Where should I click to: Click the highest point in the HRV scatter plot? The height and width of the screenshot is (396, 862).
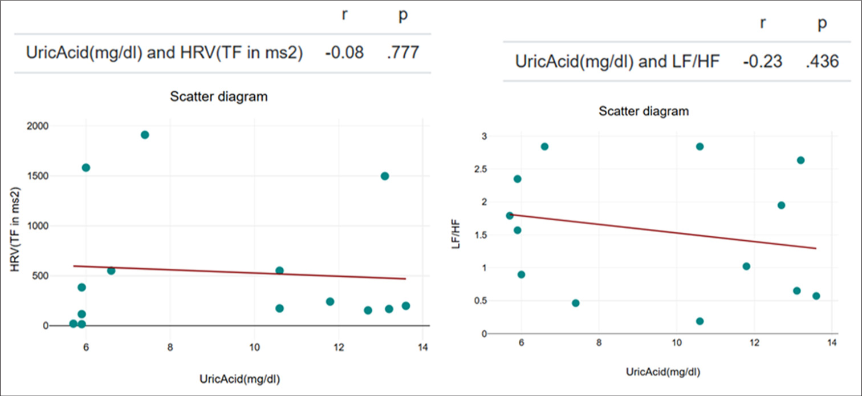145,135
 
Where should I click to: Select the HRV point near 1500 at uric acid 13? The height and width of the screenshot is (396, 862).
385,176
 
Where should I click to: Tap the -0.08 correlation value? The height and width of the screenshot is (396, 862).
343,53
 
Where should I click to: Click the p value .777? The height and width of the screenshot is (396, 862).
402,53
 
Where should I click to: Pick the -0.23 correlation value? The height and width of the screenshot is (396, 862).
762,62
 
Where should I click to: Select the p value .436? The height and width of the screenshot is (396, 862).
822,62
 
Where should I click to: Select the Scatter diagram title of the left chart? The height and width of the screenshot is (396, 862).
219,96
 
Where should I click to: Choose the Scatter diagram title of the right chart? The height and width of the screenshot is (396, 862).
644,111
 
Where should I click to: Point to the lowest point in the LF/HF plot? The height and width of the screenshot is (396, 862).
700,321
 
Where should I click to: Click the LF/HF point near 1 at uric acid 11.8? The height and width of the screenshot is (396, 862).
746,266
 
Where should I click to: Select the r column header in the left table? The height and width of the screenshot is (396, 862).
343,15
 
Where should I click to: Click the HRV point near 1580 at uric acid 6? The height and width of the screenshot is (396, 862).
86,167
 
